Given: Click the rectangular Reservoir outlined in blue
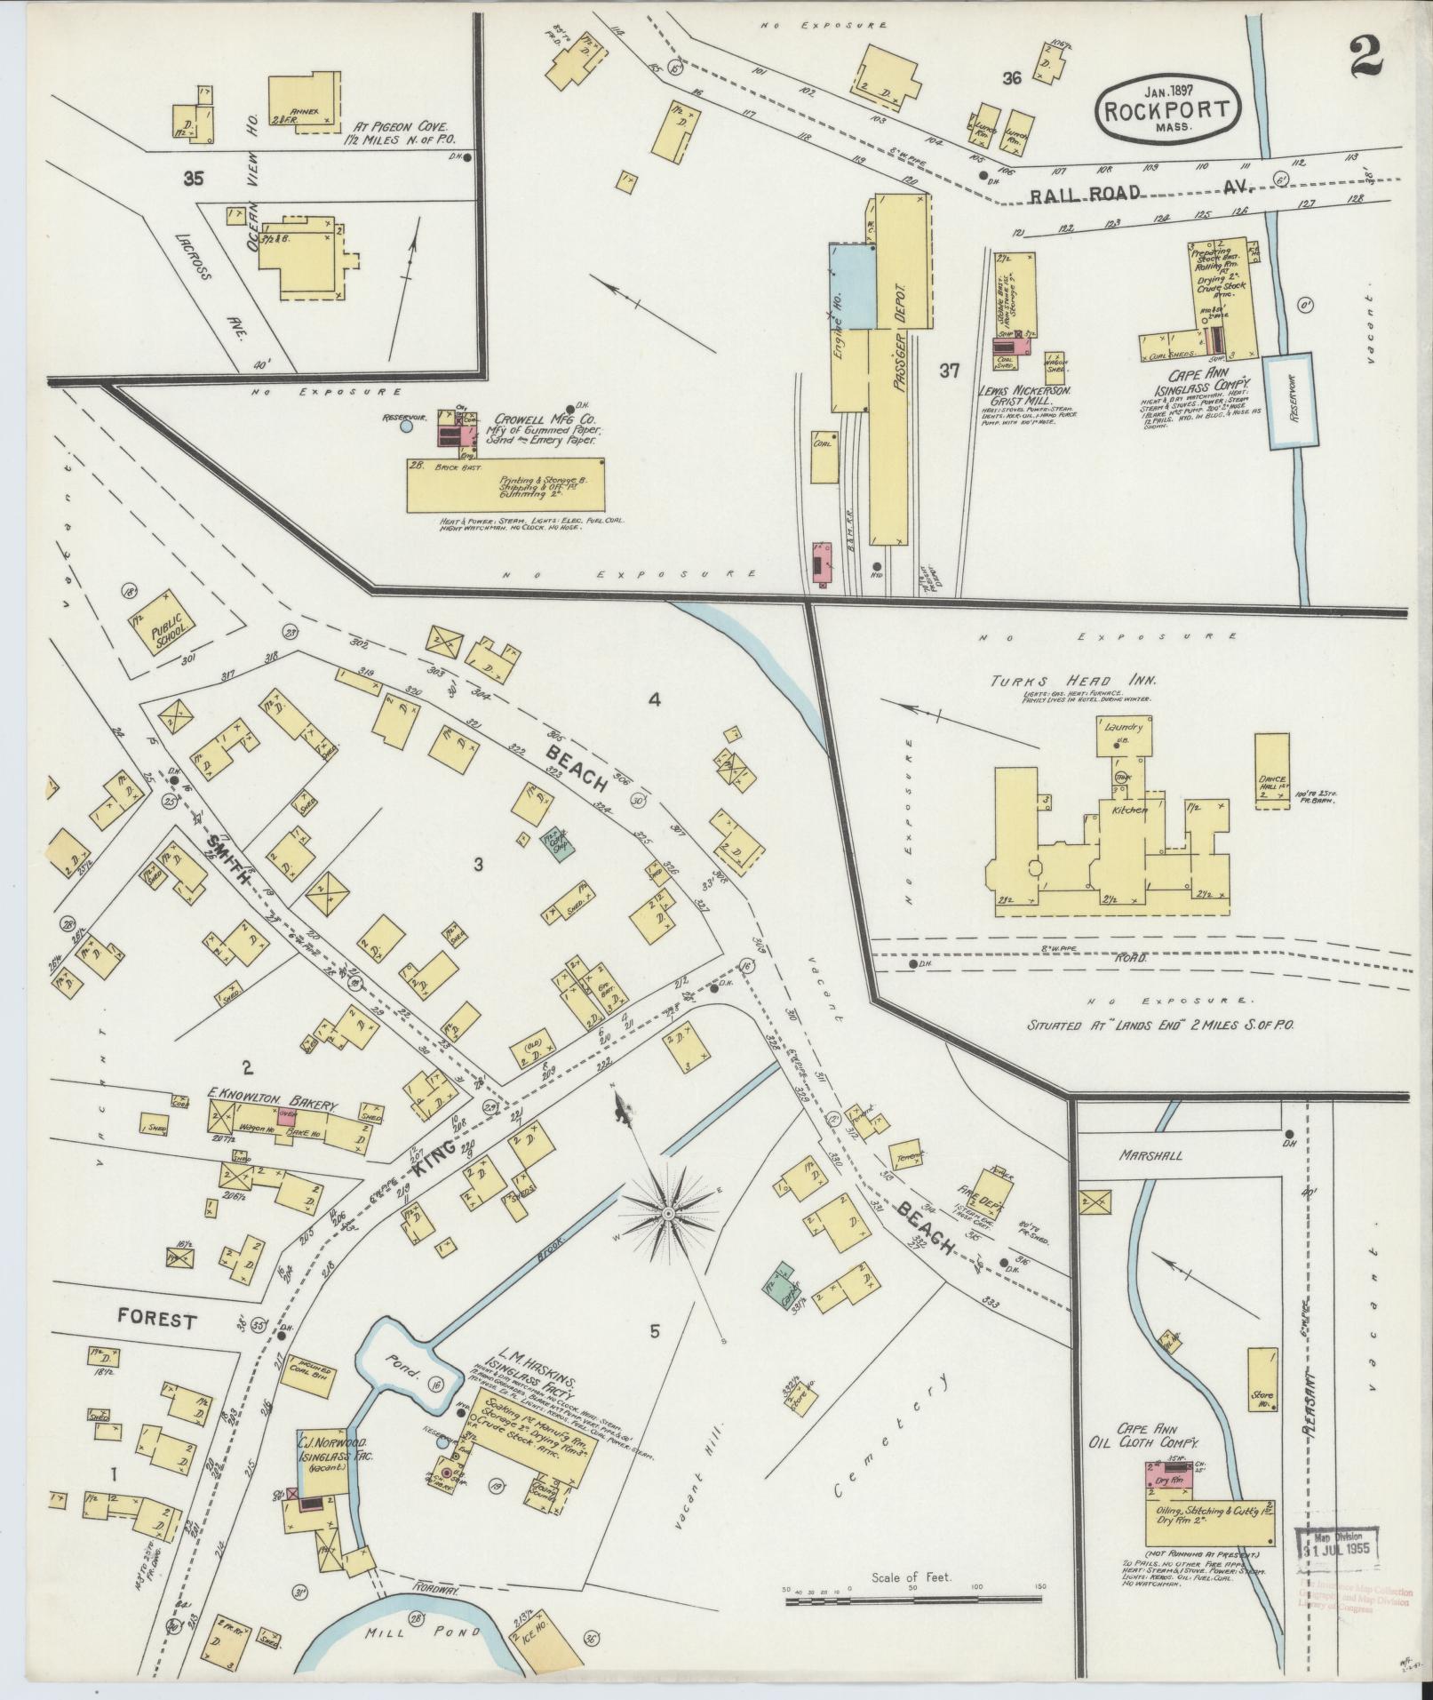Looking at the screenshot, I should click(1289, 400).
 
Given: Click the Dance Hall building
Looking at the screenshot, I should click(1272, 770).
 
